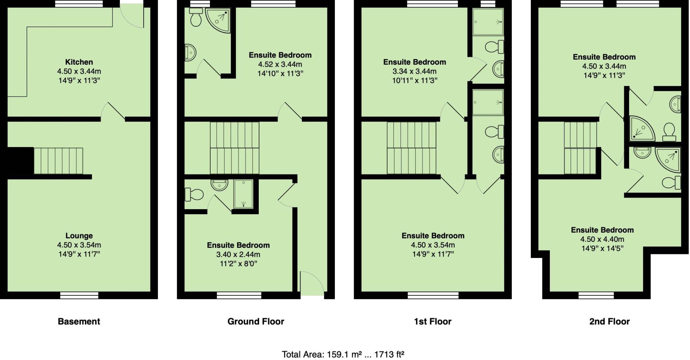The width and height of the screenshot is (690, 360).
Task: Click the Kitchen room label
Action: (x=79, y=62)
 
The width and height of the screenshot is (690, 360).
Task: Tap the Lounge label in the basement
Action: (x=79, y=236)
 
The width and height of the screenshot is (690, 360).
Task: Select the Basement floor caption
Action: (x=79, y=322)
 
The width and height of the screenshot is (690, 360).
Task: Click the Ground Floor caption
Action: (x=256, y=322)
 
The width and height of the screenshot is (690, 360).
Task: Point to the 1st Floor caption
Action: (x=433, y=322)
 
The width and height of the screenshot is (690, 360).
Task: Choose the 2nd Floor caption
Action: (x=609, y=322)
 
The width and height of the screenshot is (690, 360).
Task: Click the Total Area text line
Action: (x=343, y=354)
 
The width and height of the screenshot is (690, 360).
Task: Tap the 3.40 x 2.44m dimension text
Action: (x=238, y=255)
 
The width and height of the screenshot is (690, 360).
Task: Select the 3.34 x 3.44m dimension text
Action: (x=414, y=71)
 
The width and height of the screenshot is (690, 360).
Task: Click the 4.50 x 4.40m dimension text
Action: (x=602, y=239)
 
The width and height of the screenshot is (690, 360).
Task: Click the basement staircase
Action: (x=58, y=161)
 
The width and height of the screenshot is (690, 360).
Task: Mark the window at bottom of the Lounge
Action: (x=79, y=295)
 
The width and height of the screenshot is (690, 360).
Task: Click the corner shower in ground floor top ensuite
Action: (x=218, y=21)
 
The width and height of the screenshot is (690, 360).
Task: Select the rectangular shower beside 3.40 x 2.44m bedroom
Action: (x=243, y=194)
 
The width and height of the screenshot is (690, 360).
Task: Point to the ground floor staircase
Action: (x=234, y=148)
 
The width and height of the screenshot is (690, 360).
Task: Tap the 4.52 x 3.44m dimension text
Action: (x=280, y=64)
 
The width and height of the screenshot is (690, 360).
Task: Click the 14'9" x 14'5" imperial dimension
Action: (x=602, y=249)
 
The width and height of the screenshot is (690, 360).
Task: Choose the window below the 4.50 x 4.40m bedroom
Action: (x=595, y=295)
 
